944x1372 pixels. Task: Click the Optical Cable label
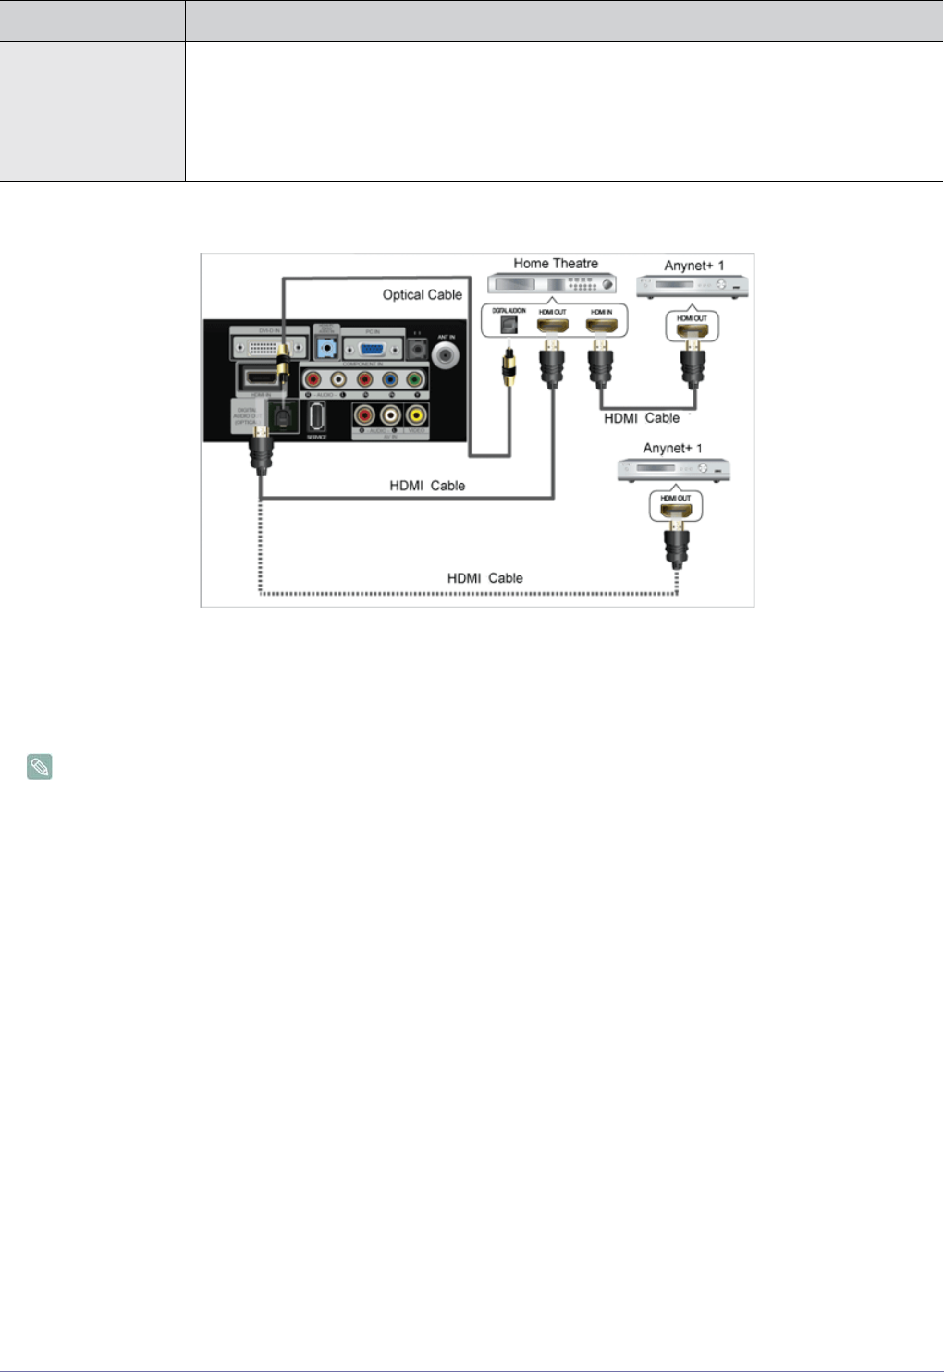coord(422,294)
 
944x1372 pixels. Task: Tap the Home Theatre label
coord(556,264)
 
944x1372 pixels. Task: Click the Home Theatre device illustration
coord(552,285)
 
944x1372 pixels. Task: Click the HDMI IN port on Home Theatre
coord(601,326)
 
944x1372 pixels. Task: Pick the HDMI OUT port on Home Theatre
coord(552,326)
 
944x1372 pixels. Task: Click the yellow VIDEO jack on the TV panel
coord(416,416)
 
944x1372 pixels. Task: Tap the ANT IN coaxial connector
coord(447,354)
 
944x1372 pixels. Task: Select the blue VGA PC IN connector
coord(372,349)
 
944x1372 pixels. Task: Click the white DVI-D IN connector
coord(263,348)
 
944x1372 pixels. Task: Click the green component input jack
coord(415,378)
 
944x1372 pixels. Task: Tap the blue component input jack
coord(390,378)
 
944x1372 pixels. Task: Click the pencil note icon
coord(39,767)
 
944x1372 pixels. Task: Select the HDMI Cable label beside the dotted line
coord(484,578)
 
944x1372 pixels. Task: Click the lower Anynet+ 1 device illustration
coord(673,470)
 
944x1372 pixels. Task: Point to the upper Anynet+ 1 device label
coord(693,266)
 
